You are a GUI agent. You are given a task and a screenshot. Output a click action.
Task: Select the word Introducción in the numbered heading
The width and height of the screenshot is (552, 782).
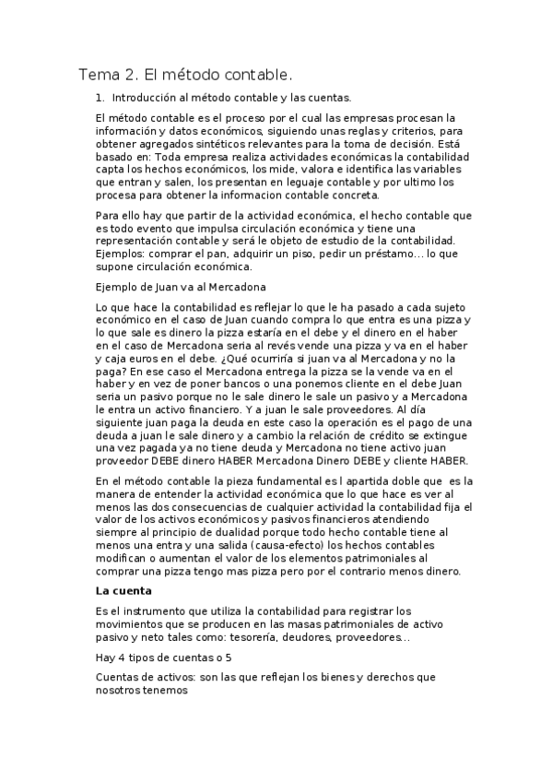coord(148,96)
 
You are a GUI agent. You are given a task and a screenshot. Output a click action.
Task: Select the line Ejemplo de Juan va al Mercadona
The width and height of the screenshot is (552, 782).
coord(181,287)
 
